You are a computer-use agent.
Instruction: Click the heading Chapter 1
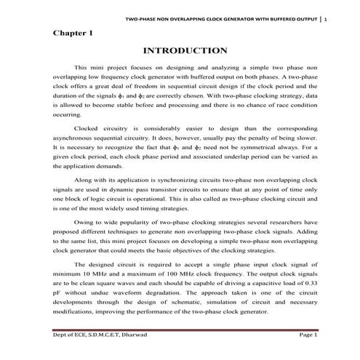(73, 33)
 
